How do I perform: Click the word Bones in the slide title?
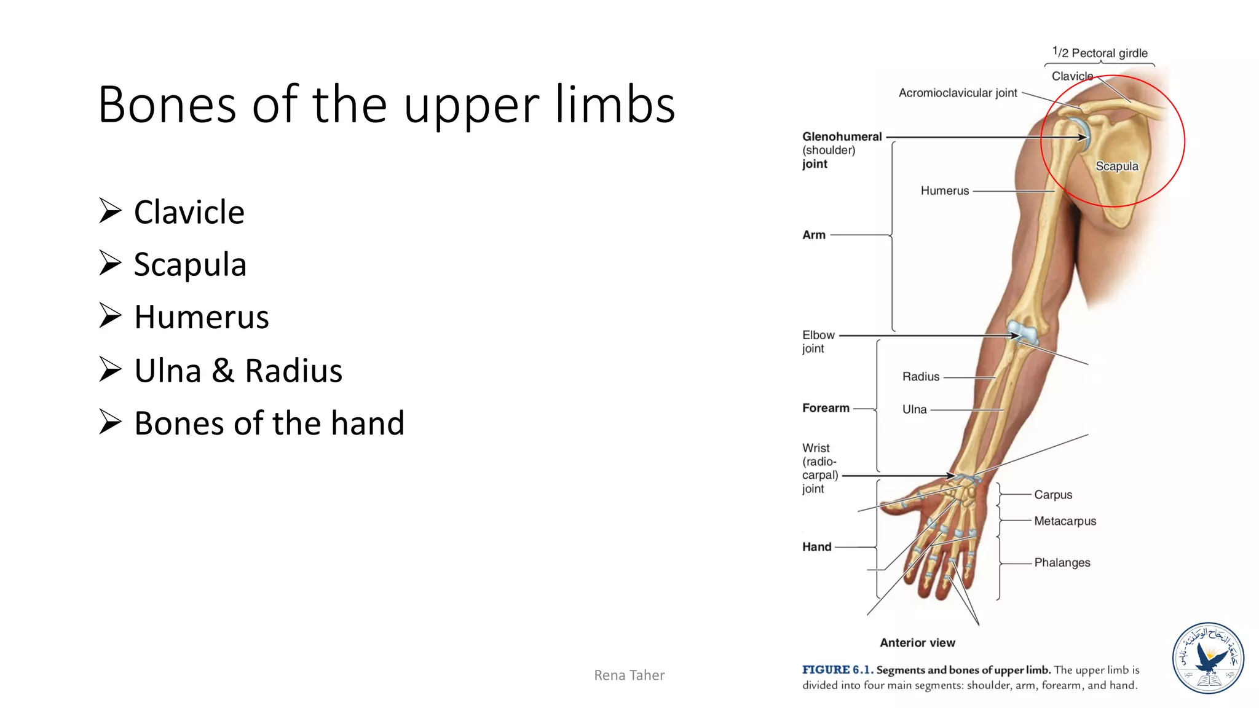pos(166,105)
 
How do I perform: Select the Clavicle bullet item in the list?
pos(189,213)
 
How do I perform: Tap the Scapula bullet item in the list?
pos(190,265)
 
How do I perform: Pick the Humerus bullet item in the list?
pos(201,317)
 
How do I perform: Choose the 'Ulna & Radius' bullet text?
pos(238,371)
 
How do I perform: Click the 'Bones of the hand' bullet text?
pos(269,423)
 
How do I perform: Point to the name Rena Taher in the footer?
pos(629,675)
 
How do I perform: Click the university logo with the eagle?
pos(1208,658)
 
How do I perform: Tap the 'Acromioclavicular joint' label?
pos(958,93)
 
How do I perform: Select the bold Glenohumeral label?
pos(842,136)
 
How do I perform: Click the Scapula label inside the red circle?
pos(1116,166)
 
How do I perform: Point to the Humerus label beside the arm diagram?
pos(944,191)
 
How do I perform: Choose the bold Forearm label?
pos(826,408)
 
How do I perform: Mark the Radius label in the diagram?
pos(920,377)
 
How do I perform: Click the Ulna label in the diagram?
pos(914,409)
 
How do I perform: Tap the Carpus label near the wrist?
pos(1052,495)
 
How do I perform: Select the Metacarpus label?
pos(1065,521)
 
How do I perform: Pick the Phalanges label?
pos(1062,562)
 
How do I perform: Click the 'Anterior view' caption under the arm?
pos(917,643)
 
